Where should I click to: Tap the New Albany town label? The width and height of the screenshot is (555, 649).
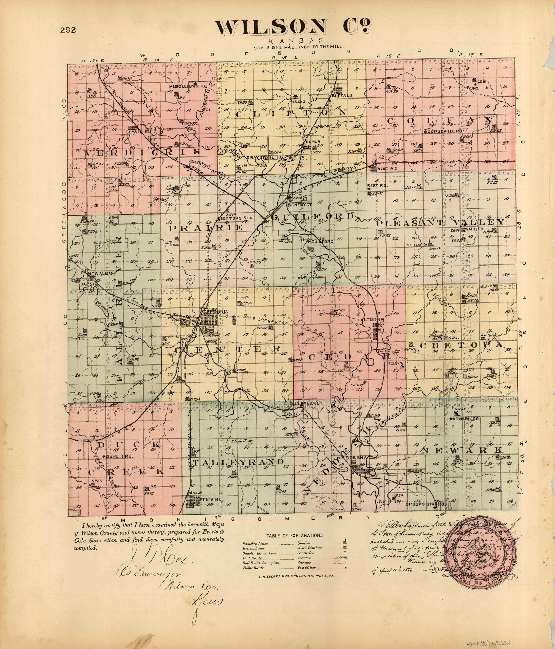pyautogui.click(x=102, y=274)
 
